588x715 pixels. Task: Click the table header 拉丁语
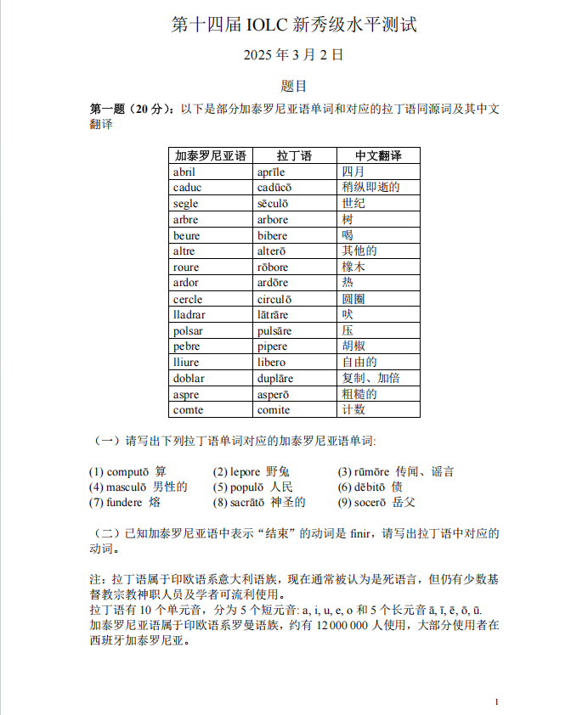pos(294,156)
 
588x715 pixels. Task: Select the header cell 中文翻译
pos(378,156)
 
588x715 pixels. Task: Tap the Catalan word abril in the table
pos(184,172)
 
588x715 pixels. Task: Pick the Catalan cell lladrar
pos(189,315)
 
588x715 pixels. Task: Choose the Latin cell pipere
pos(273,346)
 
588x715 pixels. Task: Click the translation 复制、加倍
pos(370,379)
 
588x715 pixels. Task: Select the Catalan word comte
pos(188,410)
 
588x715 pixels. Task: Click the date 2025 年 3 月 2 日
pos(293,55)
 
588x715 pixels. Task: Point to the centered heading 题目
pos(293,86)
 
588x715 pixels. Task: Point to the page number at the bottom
pos(496,701)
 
